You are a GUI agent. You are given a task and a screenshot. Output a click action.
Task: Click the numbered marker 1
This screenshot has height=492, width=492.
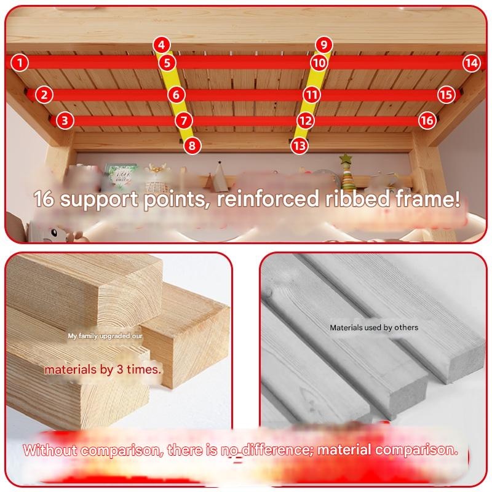[20, 63]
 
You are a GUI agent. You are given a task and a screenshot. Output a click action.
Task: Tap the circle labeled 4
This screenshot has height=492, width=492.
[162, 45]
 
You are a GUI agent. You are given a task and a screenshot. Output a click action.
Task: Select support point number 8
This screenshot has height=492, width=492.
[192, 146]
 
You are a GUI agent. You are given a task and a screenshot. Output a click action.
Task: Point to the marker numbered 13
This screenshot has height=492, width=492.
[299, 146]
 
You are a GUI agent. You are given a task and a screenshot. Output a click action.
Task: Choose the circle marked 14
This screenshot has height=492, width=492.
[472, 63]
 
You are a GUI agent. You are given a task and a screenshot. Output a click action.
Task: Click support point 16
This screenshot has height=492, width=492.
[427, 121]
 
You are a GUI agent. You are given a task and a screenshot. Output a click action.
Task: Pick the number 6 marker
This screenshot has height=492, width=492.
[176, 95]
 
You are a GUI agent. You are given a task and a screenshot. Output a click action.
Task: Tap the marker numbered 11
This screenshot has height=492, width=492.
[312, 95]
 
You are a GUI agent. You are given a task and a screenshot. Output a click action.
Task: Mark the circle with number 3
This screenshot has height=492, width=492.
[65, 121]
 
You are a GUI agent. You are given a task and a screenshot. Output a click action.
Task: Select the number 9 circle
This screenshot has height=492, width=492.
[324, 45]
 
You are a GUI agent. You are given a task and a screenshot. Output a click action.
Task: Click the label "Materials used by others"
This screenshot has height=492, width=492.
[374, 328]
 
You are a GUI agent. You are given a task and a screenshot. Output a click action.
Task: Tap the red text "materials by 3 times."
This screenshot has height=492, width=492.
[103, 370]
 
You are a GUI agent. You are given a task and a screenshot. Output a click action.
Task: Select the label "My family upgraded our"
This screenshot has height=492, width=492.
[105, 336]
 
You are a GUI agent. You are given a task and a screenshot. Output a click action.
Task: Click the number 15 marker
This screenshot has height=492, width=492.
[446, 95]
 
